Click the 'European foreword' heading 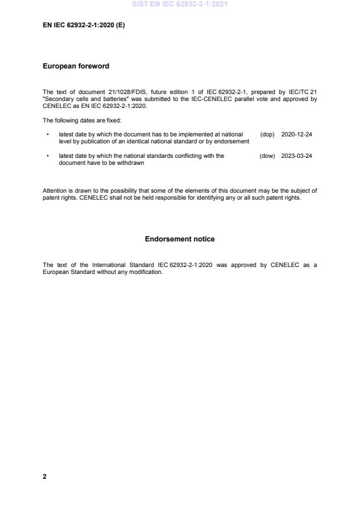click(x=76, y=66)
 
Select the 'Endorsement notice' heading click(x=179, y=239)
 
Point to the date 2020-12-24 click(x=296, y=135)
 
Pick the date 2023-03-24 click(x=296, y=156)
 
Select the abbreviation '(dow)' click(x=267, y=156)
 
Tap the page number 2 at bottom click(x=45, y=476)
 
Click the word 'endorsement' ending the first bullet click(x=233, y=142)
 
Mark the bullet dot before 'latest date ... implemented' click(x=47, y=135)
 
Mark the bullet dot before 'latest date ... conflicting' click(x=47, y=156)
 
